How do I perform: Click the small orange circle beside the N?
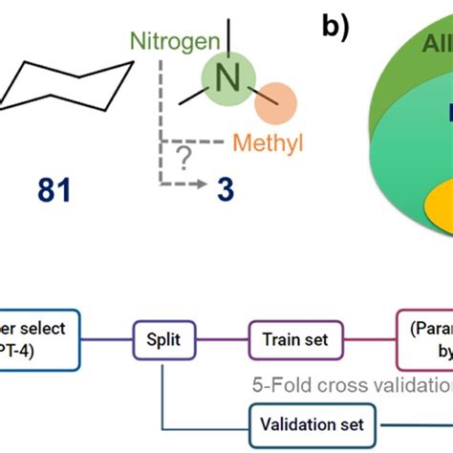277,101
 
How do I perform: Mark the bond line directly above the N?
228,40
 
